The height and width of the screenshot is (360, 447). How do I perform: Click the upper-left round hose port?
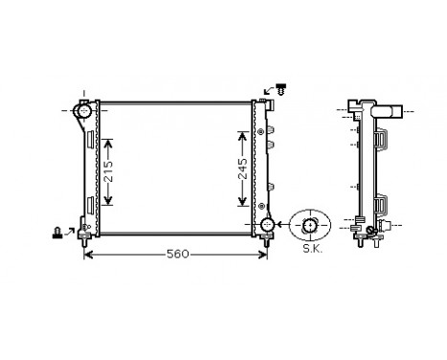(x=83, y=113)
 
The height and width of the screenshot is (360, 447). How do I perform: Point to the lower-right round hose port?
(x=268, y=225)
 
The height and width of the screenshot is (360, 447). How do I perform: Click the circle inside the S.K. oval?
(x=310, y=226)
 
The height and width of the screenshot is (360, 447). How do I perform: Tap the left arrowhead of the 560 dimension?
(x=89, y=255)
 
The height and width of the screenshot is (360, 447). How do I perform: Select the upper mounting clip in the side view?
(x=382, y=139)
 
